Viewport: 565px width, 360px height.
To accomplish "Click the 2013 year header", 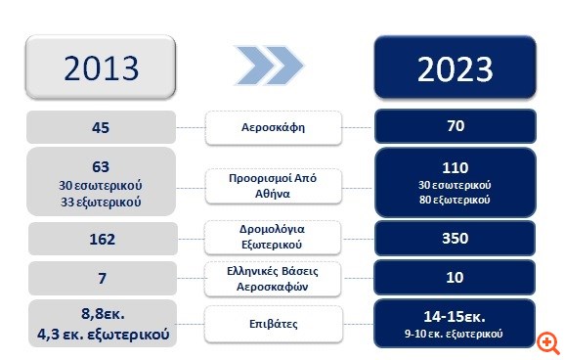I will tap(102, 67).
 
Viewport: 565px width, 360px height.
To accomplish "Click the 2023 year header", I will tap(456, 68).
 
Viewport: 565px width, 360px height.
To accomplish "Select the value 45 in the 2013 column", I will tap(102, 126).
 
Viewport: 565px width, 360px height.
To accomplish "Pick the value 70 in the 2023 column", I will tap(456, 126).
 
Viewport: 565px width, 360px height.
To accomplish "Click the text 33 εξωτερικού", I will tap(102, 202).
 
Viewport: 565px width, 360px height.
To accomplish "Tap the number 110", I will tap(456, 166).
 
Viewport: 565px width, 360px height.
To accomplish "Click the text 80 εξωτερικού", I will tap(456, 201).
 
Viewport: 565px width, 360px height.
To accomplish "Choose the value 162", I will tap(102, 240).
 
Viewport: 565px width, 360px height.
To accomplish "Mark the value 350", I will tap(456, 240).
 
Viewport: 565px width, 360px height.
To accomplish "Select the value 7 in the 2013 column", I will tap(102, 279).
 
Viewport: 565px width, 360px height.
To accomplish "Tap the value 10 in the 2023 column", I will tap(456, 279).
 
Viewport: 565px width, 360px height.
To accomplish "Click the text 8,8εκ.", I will tap(102, 315).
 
